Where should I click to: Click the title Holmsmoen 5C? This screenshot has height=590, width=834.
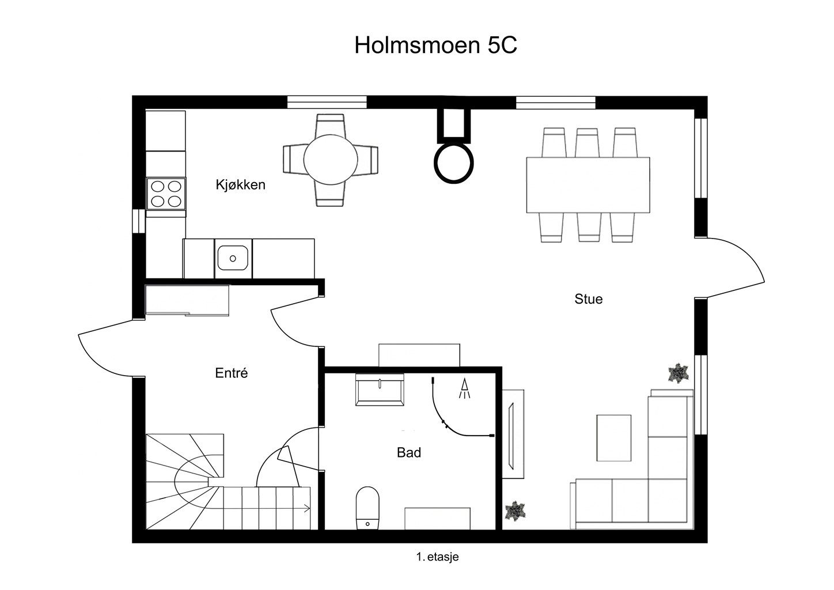[435, 46]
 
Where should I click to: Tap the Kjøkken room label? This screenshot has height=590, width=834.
[241, 185]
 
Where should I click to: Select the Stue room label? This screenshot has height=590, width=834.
[588, 299]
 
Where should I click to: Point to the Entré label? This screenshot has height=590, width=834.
[231, 373]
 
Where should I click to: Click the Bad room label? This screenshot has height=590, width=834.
[409, 452]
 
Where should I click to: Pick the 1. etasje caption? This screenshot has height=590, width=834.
[438, 557]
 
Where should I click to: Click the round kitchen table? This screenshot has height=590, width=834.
[331, 160]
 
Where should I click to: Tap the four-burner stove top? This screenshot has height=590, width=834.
[166, 194]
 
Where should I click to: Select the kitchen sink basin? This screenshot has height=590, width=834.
[233, 258]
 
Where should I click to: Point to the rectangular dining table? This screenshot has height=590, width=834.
[588, 185]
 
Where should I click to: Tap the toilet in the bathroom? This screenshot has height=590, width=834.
[367, 508]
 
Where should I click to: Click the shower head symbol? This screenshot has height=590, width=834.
[464, 388]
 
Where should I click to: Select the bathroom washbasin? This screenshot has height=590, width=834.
[380, 389]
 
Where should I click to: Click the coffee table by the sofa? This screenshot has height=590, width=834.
[614, 438]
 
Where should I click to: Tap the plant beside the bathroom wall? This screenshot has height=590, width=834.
[515, 510]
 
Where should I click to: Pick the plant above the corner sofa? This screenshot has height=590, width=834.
[678, 373]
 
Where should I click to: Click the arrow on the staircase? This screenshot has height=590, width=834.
[307, 508]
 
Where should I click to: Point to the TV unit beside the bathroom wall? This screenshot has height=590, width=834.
[513, 434]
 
